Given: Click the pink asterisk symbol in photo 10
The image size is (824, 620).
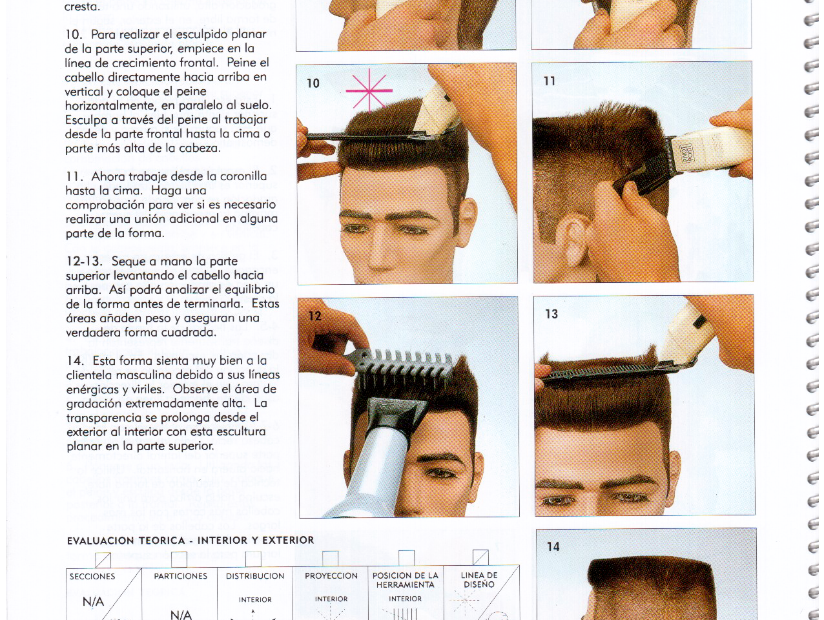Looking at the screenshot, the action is click(369, 90).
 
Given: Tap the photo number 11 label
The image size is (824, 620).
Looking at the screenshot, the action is click(549, 81).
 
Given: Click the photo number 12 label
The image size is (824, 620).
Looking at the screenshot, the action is click(314, 316).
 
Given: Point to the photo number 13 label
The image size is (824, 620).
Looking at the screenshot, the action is click(551, 314).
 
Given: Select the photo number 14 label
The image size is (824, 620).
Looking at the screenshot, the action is click(553, 546).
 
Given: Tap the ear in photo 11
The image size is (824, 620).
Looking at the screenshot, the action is click(573, 241).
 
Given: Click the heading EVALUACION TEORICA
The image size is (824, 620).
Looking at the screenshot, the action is click(126, 541).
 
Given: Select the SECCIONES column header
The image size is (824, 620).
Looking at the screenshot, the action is click(92, 577).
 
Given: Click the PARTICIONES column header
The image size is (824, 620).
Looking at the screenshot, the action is click(181, 576).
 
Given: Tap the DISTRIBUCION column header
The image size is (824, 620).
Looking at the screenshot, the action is click(255, 576).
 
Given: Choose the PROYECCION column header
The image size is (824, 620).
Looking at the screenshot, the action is click(331, 575).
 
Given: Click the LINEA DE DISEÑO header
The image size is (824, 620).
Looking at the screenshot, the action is click(479, 580).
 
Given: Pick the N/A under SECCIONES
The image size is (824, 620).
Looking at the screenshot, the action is click(93, 602).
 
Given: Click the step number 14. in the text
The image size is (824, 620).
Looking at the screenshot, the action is click(75, 361).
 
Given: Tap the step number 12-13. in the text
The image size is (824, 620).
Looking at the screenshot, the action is click(84, 261).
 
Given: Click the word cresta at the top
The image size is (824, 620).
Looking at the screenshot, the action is click(82, 6).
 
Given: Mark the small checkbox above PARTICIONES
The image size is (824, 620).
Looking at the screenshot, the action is click(179, 559).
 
